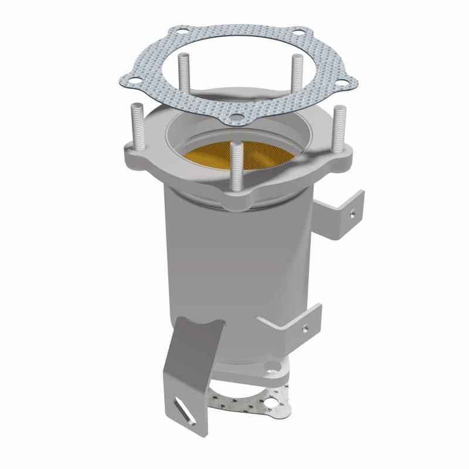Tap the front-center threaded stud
click(236, 166)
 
